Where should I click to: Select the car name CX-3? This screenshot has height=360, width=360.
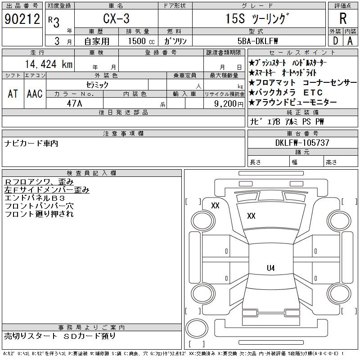click(x=116, y=19)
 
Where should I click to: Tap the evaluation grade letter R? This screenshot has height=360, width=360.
click(x=343, y=19)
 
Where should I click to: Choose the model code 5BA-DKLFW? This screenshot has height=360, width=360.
click(x=258, y=41)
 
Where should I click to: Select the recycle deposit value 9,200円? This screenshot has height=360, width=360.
click(x=229, y=103)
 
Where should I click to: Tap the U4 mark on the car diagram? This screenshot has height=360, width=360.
click(x=270, y=268)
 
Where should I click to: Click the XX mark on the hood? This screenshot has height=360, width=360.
click(x=251, y=216)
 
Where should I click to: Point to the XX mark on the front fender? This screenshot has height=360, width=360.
click(x=215, y=206)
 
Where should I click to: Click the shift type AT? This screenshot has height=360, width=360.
click(x=13, y=94)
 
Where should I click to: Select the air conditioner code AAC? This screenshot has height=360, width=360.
click(x=34, y=94)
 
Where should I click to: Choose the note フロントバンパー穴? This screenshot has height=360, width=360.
click(x=39, y=206)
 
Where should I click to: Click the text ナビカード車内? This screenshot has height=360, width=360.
click(x=31, y=144)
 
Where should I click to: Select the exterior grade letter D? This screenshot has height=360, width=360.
click(x=335, y=40)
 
